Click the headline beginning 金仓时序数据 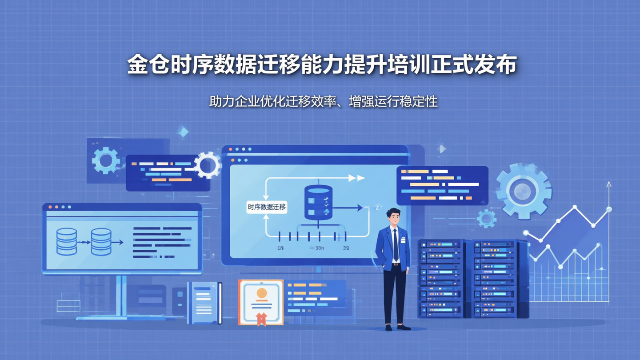[x=322, y=65]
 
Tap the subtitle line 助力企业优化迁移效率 [x=323, y=101]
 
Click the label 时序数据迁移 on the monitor [x=267, y=207]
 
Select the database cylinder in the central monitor [x=318, y=202]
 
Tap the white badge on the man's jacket [x=403, y=240]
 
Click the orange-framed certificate [x=261, y=301]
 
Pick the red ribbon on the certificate [x=261, y=318]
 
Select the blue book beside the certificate [x=204, y=302]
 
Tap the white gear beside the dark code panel [x=207, y=165]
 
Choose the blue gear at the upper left [x=106, y=160]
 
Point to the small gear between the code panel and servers [x=486, y=219]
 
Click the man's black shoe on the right [x=404, y=327]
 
